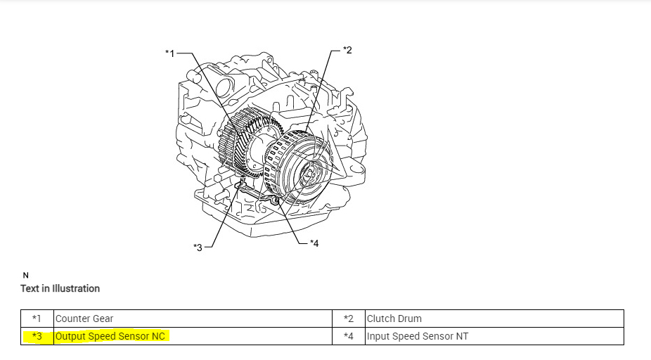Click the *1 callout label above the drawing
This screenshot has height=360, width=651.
[169, 53]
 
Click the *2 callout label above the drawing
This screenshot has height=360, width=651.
[347, 49]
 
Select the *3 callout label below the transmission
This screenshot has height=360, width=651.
[198, 247]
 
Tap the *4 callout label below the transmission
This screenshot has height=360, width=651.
[314, 243]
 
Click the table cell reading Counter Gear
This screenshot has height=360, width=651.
[84, 319]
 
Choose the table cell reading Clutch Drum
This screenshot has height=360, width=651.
[394, 319]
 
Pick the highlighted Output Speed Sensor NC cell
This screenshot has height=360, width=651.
[110, 336]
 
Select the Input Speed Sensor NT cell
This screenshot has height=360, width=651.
[417, 336]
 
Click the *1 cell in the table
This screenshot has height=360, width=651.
[37, 319]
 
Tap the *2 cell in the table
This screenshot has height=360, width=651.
[349, 319]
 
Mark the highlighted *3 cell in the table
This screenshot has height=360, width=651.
[37, 336]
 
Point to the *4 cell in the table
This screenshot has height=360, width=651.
[349, 336]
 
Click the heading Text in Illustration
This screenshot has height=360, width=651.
[60, 288]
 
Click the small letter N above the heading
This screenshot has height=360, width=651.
[26, 275]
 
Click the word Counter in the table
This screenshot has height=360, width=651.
[72, 319]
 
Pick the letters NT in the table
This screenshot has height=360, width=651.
[461, 336]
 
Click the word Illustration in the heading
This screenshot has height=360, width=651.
[77, 288]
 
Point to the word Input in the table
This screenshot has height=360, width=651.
[378, 336]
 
